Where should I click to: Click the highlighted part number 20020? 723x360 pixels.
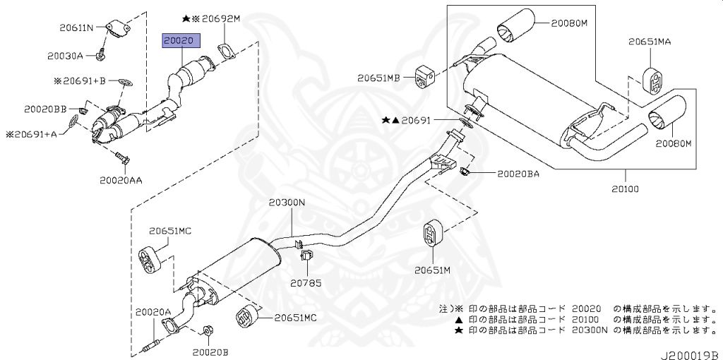[181, 40]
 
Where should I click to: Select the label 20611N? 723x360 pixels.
[76, 28]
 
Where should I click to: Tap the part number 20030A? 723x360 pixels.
[64, 56]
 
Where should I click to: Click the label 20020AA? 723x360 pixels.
[121, 180]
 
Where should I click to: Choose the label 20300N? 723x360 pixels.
[287, 202]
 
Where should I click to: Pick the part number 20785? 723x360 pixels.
[305, 283]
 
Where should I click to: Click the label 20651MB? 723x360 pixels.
[378, 78]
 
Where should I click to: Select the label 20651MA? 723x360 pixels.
[650, 42]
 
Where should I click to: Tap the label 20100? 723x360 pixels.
[626, 188]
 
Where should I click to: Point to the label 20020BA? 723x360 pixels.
[518, 174]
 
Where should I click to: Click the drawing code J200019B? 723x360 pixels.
[691, 355]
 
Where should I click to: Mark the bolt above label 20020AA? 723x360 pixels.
[122, 159]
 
